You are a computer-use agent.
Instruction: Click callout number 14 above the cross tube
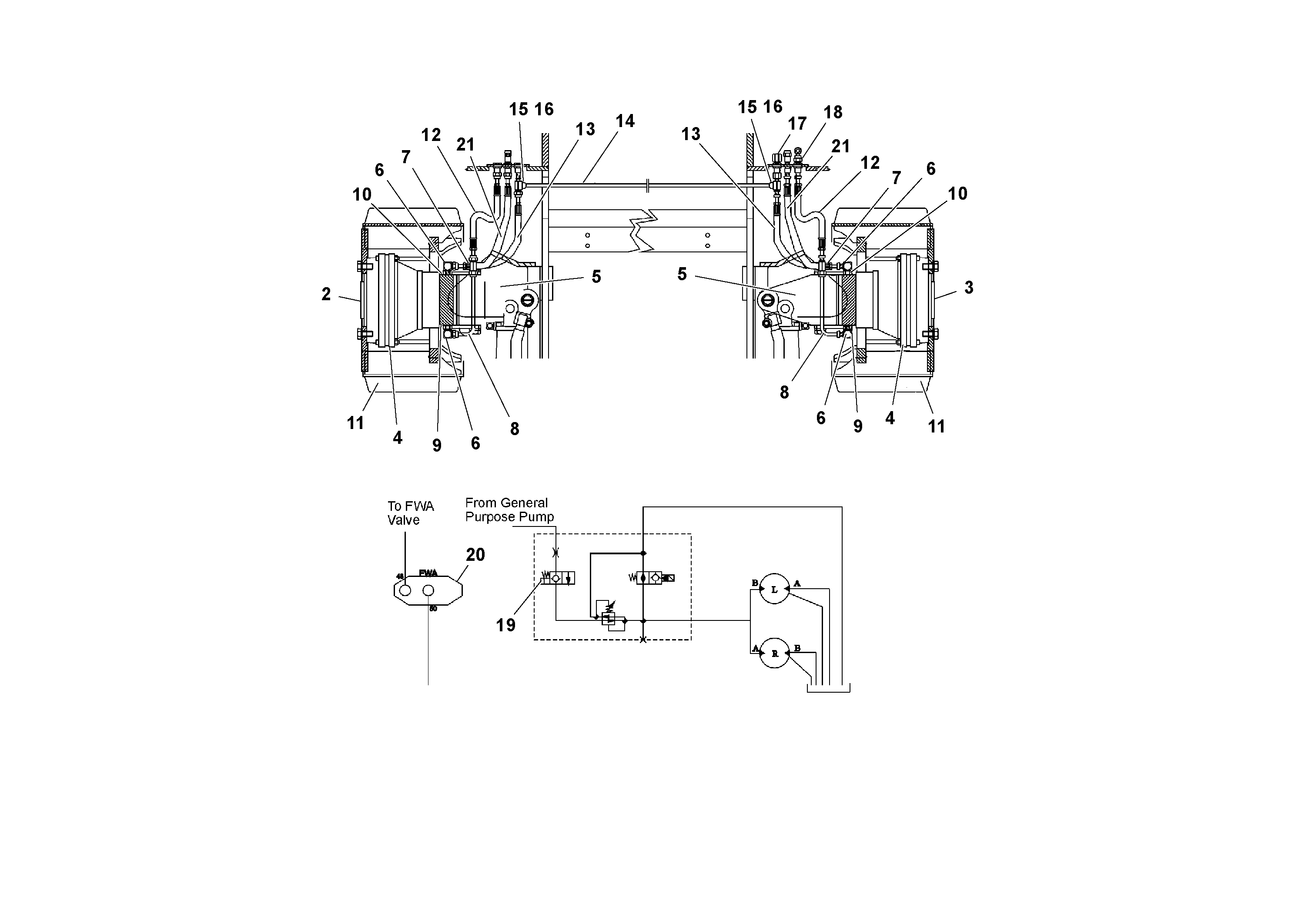click(x=624, y=121)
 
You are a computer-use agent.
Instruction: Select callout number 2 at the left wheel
click(x=326, y=294)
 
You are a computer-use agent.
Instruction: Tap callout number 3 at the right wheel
click(x=968, y=288)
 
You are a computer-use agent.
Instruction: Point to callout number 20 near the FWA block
click(x=475, y=555)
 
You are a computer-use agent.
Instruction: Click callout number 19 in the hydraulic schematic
click(x=505, y=625)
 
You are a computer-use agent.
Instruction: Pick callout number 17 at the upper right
click(x=796, y=124)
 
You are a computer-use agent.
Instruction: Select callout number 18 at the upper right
click(x=833, y=112)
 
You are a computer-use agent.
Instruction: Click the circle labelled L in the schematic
click(x=774, y=590)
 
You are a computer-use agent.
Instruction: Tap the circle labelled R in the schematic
click(x=774, y=653)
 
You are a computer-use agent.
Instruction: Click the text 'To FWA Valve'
click(x=410, y=513)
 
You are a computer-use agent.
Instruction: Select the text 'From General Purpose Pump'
click(x=509, y=510)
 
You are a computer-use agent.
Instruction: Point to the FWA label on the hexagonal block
click(x=428, y=573)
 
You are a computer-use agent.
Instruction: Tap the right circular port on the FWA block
click(x=428, y=590)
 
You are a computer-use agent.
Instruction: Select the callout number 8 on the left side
click(x=514, y=429)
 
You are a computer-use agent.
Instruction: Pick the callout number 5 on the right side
click(x=682, y=274)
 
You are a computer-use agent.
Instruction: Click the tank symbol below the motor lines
click(x=828, y=688)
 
